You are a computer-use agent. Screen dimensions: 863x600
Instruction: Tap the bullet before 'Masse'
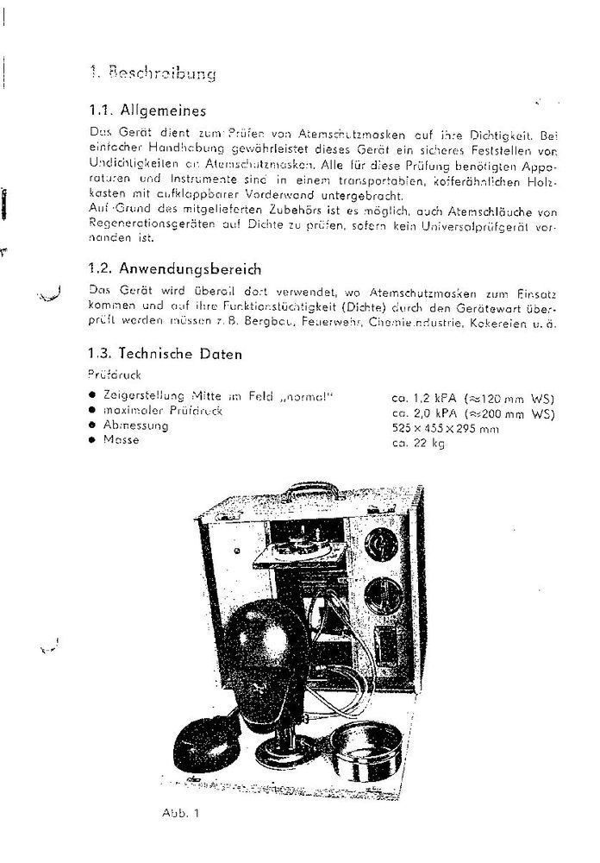(x=92, y=440)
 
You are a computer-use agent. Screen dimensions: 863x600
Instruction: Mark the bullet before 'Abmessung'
(x=92, y=425)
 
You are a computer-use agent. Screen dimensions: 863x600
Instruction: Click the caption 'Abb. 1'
(x=178, y=813)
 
